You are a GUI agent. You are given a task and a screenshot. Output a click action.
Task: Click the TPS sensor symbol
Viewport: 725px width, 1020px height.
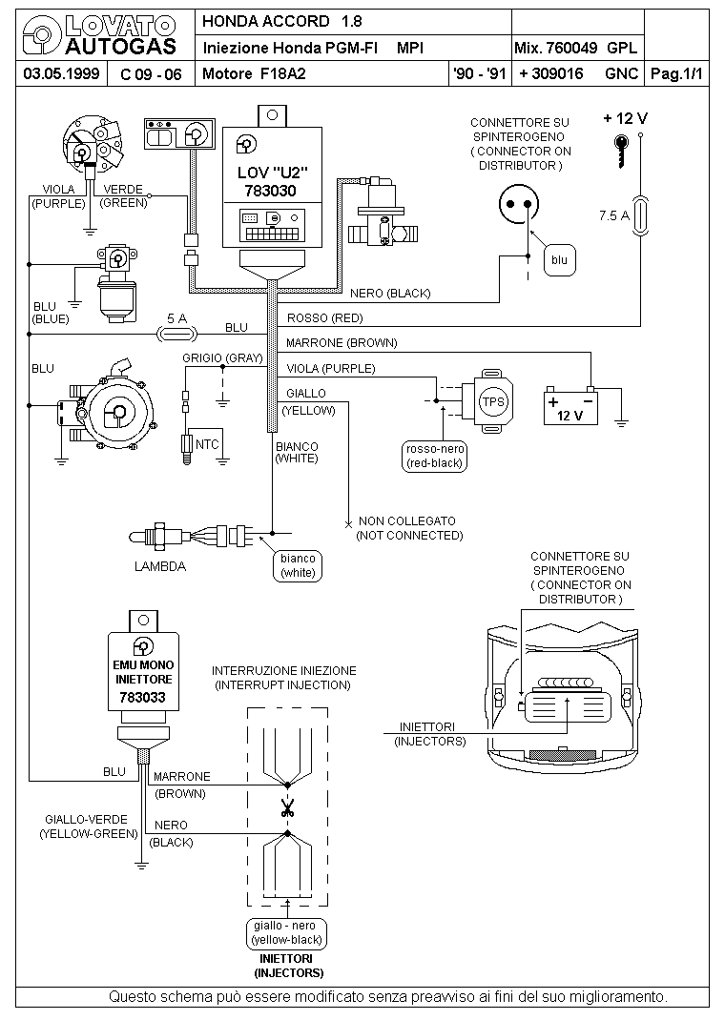click(487, 401)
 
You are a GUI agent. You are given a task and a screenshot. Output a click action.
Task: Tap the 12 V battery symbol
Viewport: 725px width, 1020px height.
click(570, 407)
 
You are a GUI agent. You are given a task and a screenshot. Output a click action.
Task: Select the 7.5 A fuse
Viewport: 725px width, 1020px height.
click(640, 215)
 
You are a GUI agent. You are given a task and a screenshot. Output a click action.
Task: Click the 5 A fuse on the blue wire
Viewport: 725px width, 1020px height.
click(177, 335)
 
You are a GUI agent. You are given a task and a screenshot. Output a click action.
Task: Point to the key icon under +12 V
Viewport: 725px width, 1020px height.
click(622, 151)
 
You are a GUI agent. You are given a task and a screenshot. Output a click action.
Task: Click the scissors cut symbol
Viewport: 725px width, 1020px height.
click(287, 808)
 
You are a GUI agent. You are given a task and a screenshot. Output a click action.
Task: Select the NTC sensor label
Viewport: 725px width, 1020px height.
click(207, 444)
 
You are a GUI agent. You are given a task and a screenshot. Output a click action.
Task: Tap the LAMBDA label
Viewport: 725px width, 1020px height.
click(160, 566)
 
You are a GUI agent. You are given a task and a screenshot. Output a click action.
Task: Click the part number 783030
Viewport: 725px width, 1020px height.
click(270, 191)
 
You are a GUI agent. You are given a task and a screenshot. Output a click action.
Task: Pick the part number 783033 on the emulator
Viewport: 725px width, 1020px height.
click(142, 698)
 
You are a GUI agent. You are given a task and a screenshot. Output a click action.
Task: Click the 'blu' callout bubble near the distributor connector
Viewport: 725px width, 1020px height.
click(559, 260)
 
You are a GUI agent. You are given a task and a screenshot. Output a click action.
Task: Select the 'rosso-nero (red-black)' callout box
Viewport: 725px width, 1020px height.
click(435, 456)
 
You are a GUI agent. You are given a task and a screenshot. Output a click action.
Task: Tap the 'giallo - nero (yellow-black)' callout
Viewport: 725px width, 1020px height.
click(287, 933)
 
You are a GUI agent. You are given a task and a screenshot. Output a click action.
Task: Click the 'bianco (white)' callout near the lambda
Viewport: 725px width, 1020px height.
click(298, 565)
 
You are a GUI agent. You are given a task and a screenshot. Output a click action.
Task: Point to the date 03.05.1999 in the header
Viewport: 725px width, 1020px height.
click(61, 73)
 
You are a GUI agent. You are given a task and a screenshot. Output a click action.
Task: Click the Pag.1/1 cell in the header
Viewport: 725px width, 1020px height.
click(677, 73)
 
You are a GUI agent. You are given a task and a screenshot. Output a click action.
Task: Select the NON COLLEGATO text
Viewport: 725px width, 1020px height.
click(406, 521)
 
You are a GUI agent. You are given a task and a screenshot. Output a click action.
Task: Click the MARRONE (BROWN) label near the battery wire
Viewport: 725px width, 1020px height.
click(342, 343)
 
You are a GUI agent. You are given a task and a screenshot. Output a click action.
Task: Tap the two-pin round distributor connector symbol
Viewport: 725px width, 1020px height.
click(519, 204)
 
